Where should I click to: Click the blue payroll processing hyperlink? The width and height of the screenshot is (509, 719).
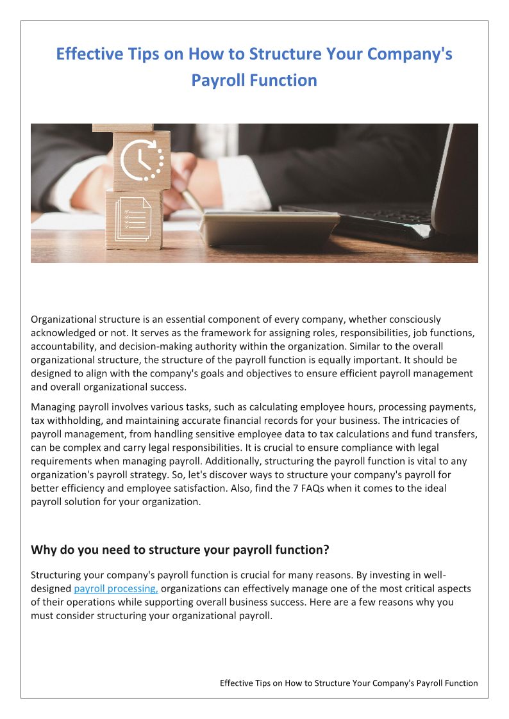click(116, 588)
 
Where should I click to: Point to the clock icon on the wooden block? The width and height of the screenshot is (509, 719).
click(140, 159)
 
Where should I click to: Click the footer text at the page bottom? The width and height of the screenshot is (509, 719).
click(349, 683)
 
